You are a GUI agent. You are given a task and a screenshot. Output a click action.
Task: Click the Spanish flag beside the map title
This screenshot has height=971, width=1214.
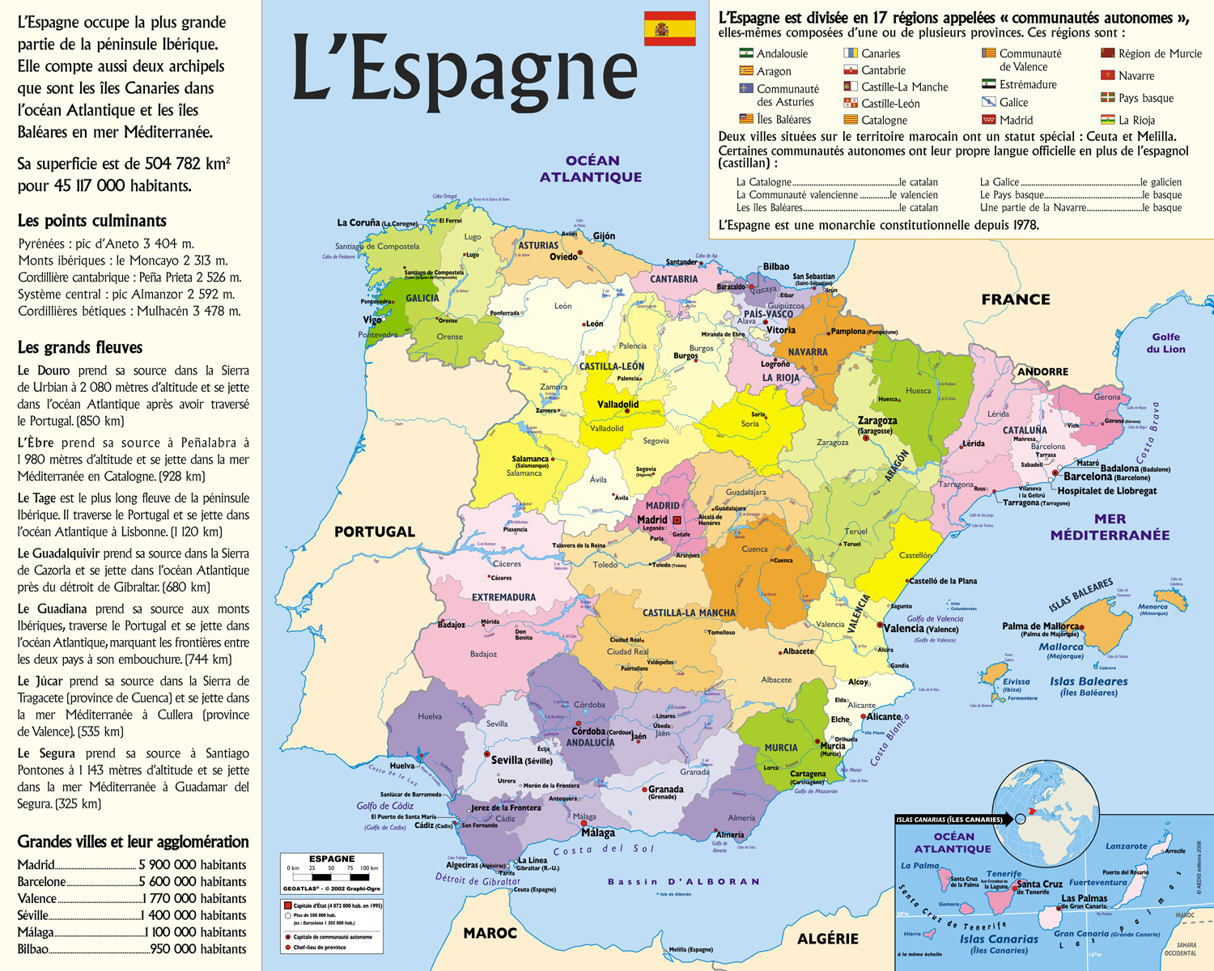669,28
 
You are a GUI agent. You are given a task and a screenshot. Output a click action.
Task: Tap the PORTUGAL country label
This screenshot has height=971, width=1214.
375,532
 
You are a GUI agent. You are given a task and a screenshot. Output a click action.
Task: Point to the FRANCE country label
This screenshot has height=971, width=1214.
1016,299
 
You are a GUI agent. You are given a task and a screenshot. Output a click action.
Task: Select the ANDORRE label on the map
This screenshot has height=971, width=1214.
1042,371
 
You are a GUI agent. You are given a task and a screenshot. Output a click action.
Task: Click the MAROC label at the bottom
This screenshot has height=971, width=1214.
490,933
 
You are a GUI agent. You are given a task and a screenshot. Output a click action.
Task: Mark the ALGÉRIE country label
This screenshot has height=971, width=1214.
827,939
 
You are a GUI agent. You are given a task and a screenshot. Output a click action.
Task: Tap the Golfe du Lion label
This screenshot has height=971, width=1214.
1165,343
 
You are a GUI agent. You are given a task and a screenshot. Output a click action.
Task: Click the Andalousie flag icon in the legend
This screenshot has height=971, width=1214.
746,53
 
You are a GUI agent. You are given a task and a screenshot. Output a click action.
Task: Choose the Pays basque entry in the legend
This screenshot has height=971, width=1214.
1145,98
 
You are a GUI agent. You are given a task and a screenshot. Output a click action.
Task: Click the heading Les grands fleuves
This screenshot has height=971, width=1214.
80,347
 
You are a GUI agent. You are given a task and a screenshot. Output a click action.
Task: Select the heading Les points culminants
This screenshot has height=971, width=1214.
92,221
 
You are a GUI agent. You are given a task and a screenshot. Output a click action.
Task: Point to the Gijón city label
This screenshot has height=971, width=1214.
604,236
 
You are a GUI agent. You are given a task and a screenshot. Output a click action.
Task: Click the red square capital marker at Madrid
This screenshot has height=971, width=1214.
677,520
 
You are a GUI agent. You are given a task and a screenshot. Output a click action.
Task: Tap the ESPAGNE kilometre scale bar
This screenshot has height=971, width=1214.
332,876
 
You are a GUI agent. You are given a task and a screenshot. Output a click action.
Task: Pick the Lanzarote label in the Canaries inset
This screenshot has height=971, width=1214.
1126,846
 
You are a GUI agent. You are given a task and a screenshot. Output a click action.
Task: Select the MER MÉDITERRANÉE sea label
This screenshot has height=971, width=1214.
1110,527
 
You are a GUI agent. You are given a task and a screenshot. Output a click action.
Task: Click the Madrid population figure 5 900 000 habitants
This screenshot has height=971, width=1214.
192,865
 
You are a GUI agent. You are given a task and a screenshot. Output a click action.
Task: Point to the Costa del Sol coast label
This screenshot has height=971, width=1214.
603,850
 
